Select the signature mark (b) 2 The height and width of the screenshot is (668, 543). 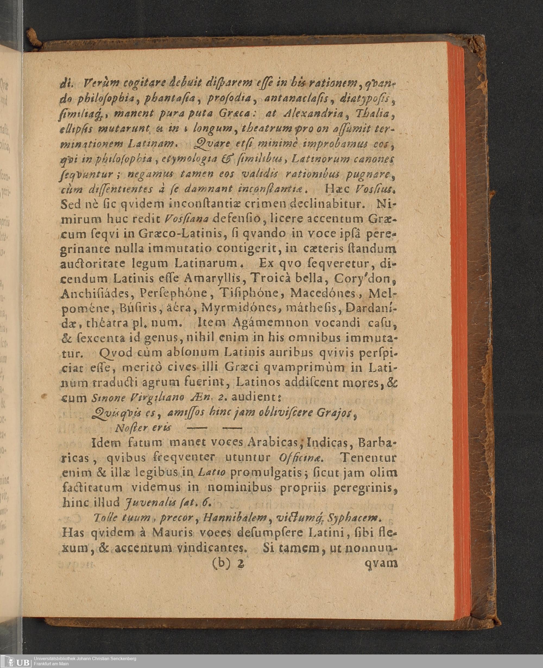point(228,563)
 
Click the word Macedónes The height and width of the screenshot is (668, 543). point(323,293)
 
